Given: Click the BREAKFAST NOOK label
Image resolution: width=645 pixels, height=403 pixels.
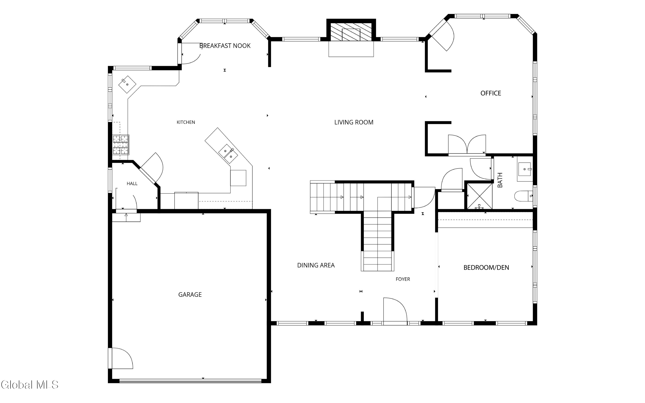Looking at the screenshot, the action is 225,46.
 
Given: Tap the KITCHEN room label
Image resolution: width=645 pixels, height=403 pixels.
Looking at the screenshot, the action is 186,122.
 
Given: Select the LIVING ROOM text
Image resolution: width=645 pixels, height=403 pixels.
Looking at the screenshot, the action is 354,122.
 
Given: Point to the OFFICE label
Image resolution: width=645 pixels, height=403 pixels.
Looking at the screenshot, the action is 491,93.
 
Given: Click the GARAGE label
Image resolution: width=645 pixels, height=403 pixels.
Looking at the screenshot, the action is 190,295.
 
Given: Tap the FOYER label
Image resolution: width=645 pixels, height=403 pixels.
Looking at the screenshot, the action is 403,279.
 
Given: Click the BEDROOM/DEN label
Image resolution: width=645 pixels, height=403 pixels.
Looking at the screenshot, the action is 486,268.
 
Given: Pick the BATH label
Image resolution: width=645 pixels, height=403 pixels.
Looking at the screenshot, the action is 500,180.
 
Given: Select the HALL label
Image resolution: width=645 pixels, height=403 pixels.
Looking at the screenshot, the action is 132,184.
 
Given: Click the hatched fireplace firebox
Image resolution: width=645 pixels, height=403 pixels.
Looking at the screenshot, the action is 351,32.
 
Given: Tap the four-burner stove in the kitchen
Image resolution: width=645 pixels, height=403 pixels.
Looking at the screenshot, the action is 121,145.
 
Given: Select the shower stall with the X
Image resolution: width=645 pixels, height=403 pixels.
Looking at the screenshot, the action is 479,196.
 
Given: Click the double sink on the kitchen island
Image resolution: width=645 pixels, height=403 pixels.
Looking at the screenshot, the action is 228,154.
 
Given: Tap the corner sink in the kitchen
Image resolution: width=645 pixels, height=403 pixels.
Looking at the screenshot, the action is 127,84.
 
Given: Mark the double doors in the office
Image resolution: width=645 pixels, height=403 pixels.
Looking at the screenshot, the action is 467,145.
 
